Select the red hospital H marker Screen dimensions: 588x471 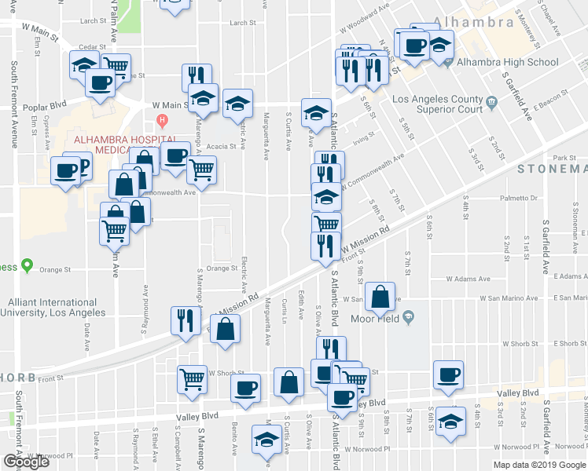[163, 121]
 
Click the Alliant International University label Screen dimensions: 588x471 [56, 307]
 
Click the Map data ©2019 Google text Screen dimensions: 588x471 [539, 465]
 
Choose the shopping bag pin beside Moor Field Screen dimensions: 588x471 [380, 298]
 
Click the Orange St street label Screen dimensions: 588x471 [222, 268]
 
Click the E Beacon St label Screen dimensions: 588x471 [549, 106]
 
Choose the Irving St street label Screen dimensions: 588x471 [363, 139]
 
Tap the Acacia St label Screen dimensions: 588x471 [222, 147]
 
